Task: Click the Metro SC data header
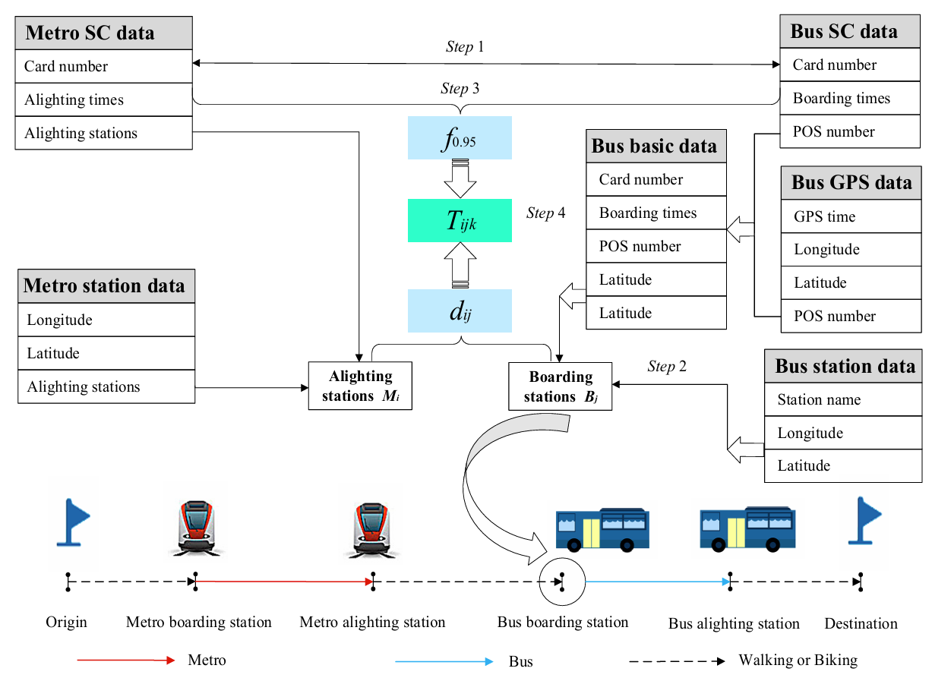[x=103, y=33]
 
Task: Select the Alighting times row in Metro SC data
[x=103, y=99]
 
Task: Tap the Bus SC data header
[x=850, y=32]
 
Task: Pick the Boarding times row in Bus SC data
[x=850, y=98]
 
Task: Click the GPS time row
[x=851, y=216]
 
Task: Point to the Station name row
[x=842, y=399]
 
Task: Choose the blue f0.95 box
[x=460, y=138]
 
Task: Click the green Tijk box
[x=460, y=221]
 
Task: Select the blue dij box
[x=460, y=311]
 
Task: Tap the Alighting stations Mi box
[x=360, y=386]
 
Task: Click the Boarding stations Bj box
[x=560, y=386]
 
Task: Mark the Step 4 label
[x=545, y=213]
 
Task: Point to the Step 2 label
[x=667, y=367]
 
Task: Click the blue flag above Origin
[x=74, y=522]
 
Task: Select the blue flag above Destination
[x=864, y=521]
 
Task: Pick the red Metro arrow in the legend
[x=126, y=661]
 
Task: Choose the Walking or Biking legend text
[x=798, y=661]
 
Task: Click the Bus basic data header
[x=656, y=147]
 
